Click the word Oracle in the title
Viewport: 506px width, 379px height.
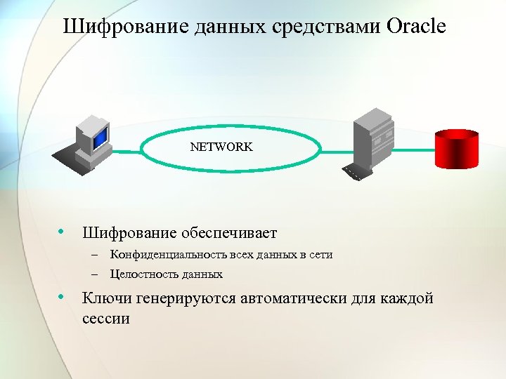pyautogui.click(x=416, y=27)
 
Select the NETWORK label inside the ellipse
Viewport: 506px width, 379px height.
pyautogui.click(x=221, y=147)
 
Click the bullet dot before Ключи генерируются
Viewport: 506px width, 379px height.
pyautogui.click(x=63, y=298)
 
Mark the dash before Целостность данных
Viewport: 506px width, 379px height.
pyautogui.click(x=93, y=274)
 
